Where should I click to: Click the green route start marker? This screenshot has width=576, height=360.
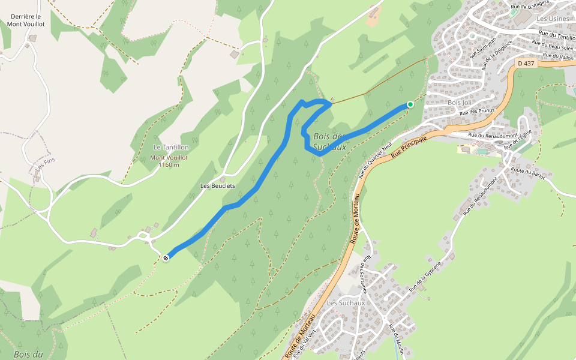coord(410,104)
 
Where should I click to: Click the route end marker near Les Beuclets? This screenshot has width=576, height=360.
coord(166,257)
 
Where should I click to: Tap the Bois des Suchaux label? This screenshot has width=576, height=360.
coord(330,141)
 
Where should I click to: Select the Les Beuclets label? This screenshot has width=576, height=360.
coord(217,186)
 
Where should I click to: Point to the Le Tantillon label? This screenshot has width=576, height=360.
coord(171,147)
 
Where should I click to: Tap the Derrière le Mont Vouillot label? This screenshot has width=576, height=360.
coord(26,20)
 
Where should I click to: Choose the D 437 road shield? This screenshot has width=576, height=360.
coord(526,63)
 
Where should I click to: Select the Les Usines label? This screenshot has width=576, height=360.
coord(552,19)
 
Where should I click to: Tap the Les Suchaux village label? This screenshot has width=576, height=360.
coord(346,303)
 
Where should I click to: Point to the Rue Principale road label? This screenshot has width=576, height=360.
coord(409,146)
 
